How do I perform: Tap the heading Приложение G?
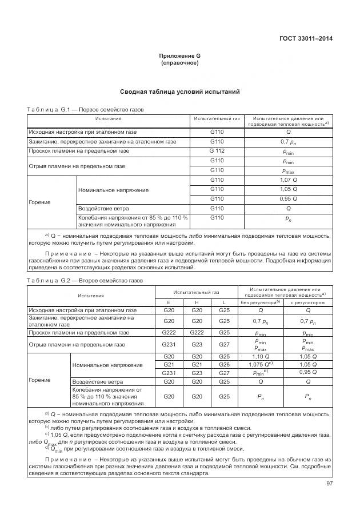[179, 55]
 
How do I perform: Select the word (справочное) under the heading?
[179, 63]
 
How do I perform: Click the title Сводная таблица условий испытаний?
[179, 91]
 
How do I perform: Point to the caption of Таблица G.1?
[86, 109]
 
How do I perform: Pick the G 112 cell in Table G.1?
[217, 151]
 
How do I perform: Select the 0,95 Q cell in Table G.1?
[289, 198]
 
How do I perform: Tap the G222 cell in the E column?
[169, 332]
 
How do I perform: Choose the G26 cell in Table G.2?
[224, 364]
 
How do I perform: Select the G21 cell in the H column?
[197, 364]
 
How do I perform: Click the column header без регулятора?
[260, 302]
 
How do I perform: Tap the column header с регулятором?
[308, 302]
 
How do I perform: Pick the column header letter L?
[224, 302]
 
